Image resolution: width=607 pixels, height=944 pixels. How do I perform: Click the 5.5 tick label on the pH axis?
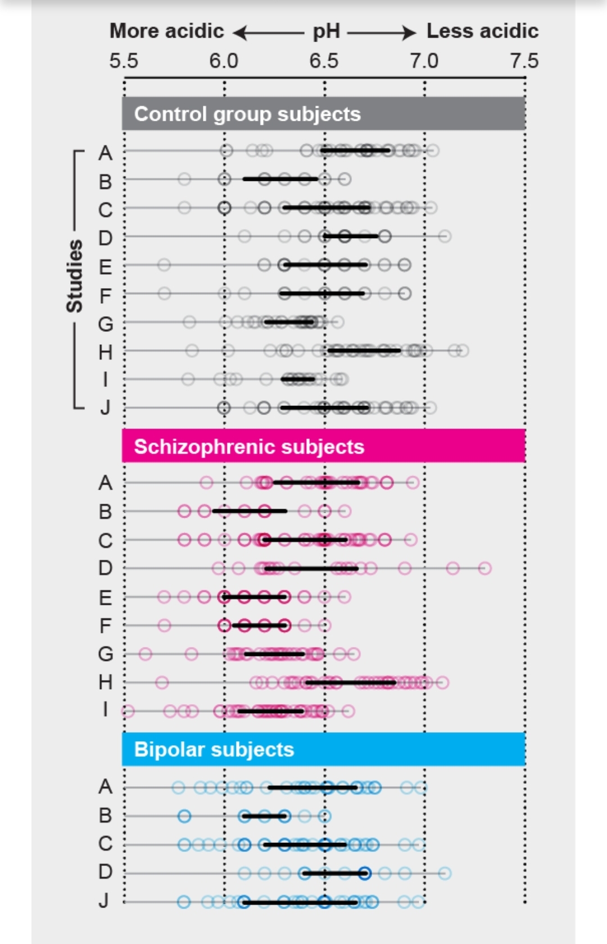pyautogui.click(x=124, y=61)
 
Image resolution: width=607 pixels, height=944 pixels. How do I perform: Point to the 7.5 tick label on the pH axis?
pyautogui.click(x=524, y=61)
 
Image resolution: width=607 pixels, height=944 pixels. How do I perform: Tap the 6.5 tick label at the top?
pyautogui.click(x=324, y=61)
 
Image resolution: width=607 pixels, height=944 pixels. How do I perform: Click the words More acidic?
pyautogui.click(x=166, y=31)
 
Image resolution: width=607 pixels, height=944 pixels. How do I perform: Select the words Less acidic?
pyautogui.click(x=482, y=31)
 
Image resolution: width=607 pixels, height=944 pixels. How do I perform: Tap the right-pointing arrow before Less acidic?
pyautogui.click(x=382, y=33)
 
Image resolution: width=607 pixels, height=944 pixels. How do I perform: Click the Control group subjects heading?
pyautogui.click(x=247, y=114)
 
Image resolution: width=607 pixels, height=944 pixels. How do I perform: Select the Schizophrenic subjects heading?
pyautogui.click(x=249, y=447)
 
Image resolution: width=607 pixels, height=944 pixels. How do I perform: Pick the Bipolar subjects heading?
pyautogui.click(x=214, y=750)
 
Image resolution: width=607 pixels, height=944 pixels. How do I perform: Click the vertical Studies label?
pyautogui.click(x=75, y=276)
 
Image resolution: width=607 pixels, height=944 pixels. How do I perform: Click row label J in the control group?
pyautogui.click(x=105, y=408)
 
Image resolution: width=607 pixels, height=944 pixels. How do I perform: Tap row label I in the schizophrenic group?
pyautogui.click(x=105, y=710)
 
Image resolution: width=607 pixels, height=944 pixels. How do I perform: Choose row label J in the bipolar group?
pyautogui.click(x=104, y=900)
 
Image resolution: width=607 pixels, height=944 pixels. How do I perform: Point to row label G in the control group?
pyautogui.click(x=105, y=324)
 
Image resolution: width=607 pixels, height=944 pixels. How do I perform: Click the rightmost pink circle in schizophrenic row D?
pyautogui.click(x=484, y=568)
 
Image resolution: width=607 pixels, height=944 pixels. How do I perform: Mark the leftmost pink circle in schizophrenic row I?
pyautogui.click(x=128, y=712)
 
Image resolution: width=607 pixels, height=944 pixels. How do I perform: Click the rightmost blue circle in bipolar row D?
pyautogui.click(x=445, y=873)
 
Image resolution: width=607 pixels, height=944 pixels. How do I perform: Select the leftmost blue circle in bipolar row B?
pyautogui.click(x=184, y=816)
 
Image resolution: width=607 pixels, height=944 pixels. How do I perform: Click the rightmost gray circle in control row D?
pyautogui.click(x=445, y=236)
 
